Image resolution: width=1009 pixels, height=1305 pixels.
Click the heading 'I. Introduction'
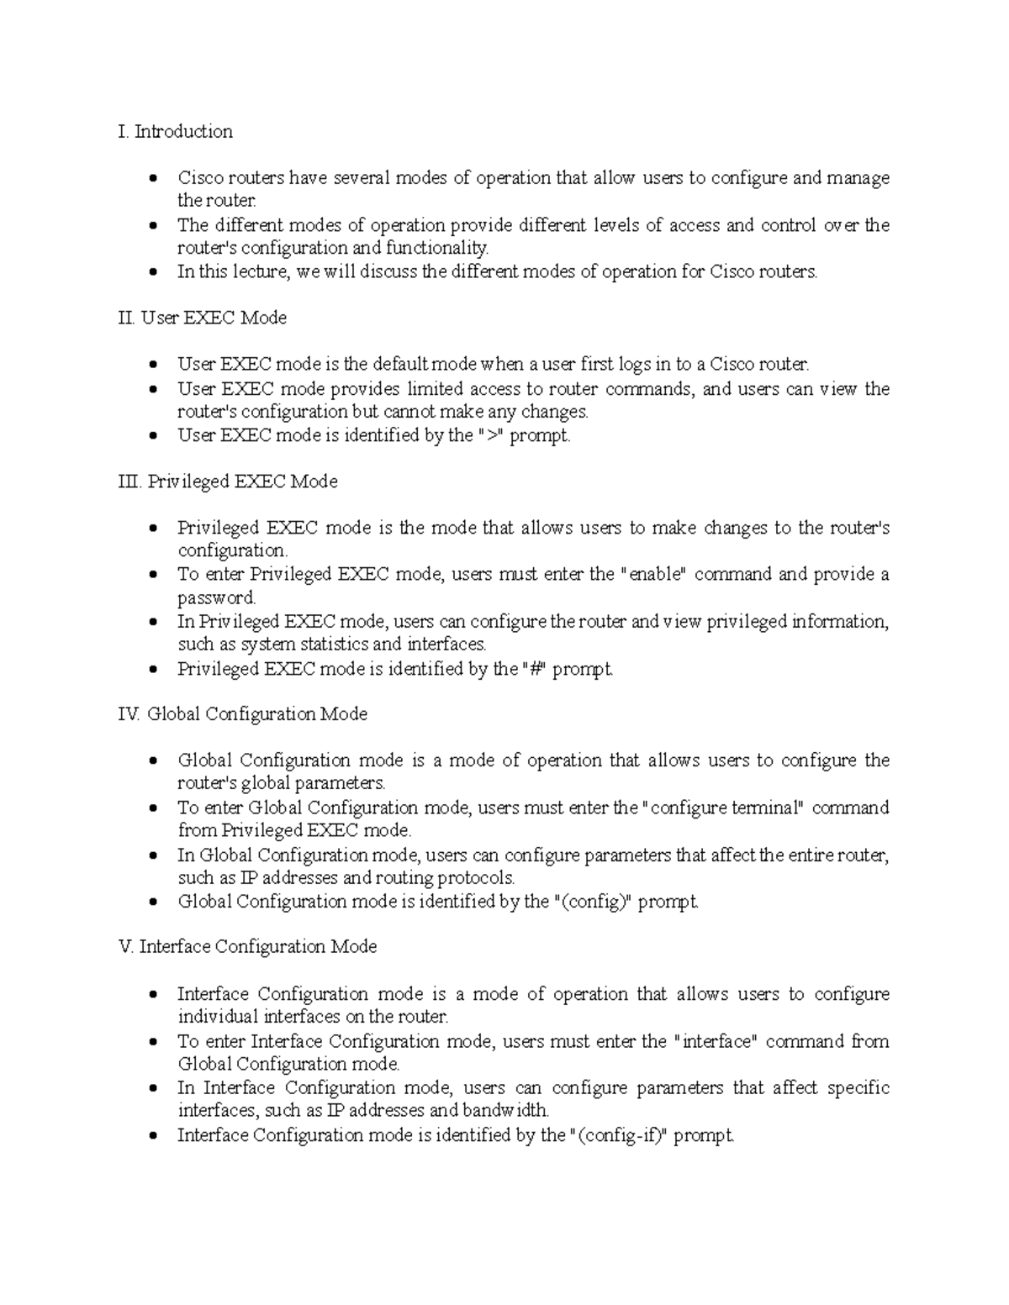click(176, 132)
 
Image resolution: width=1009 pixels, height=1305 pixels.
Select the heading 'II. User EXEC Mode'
click(203, 318)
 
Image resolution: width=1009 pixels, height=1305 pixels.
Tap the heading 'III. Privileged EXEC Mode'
click(229, 481)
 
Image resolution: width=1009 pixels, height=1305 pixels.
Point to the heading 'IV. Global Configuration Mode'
click(244, 714)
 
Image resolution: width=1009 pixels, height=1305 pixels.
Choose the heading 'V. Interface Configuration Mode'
click(248, 947)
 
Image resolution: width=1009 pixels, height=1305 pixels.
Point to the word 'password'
click(215, 598)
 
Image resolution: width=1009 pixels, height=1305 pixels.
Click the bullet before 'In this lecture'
click(152, 272)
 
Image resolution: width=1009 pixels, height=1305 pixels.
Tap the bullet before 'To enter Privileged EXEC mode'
click(152, 576)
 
